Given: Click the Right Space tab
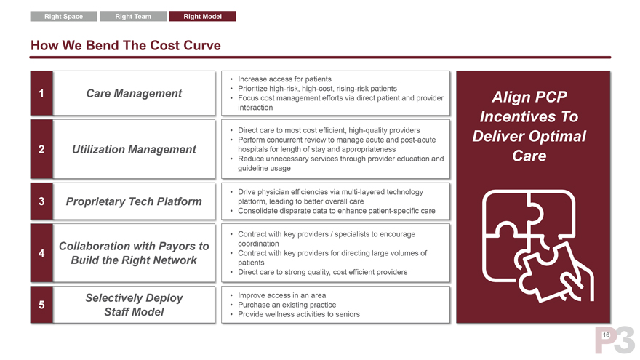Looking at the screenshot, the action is [64, 16].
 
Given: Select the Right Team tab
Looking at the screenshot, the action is [133, 16].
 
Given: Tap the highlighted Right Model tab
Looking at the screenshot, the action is [202, 16].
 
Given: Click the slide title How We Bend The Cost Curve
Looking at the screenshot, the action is [126, 45].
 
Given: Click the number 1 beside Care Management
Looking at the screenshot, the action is [41, 94].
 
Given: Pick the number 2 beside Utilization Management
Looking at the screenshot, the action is [41, 149].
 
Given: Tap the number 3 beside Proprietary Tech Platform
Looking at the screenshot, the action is [41, 201].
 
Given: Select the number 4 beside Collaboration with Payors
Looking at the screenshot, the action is [41, 253].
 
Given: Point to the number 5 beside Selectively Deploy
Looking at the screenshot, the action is [41, 305].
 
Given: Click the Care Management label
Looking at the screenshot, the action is [134, 94].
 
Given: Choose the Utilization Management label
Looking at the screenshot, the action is [134, 149].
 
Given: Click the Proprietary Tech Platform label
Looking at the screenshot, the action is [134, 201].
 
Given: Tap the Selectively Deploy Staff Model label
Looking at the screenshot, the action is [134, 305].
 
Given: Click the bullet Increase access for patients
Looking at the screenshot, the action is [284, 79].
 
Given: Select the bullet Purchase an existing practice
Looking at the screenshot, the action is [287, 305].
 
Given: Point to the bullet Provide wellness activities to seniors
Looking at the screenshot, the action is [299, 314].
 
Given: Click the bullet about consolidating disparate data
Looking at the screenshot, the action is [336, 211].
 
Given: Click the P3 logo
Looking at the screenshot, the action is [615, 340].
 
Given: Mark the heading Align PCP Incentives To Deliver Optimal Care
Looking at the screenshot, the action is [529, 127].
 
